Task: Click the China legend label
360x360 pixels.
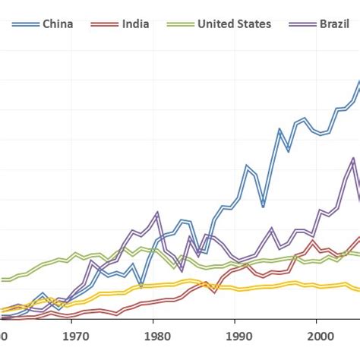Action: [x=58, y=24]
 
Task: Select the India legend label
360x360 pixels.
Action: [x=135, y=24]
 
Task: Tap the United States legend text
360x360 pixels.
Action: [x=234, y=24]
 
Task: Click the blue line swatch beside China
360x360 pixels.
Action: [x=24, y=24]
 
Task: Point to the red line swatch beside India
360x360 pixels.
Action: [x=103, y=24]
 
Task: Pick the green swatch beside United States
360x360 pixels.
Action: [x=179, y=24]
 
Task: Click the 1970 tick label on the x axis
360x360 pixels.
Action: [x=74, y=335]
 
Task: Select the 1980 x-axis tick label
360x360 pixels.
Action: [x=156, y=335]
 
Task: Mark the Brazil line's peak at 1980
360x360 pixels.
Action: [x=156, y=213]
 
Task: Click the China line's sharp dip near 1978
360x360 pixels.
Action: [x=141, y=286]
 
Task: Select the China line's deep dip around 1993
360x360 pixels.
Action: [x=263, y=205]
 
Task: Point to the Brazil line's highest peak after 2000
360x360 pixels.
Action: [x=352, y=159]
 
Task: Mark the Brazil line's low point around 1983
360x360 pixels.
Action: [x=182, y=270]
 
